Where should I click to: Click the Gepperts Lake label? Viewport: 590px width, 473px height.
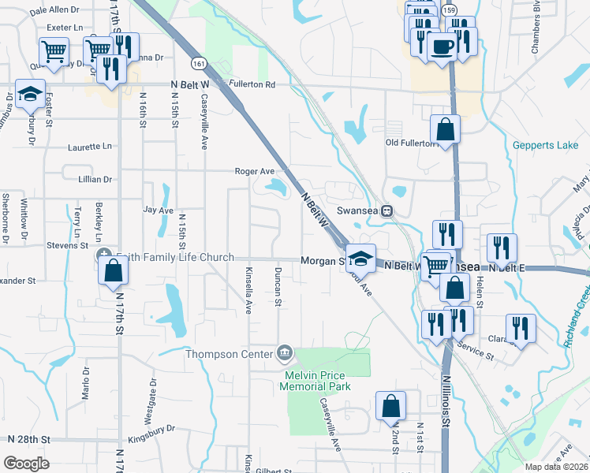[545, 145]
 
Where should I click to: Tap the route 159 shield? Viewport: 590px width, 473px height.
[449, 9]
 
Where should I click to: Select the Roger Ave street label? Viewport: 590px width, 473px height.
[255, 170]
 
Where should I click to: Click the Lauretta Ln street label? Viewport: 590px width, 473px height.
[90, 147]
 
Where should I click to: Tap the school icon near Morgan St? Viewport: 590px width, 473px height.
[360, 258]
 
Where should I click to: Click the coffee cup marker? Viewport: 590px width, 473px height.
[442, 47]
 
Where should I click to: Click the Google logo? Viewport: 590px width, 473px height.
[26, 464]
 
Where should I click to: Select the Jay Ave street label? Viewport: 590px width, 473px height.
[158, 210]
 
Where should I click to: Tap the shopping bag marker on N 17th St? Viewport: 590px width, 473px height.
[113, 270]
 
